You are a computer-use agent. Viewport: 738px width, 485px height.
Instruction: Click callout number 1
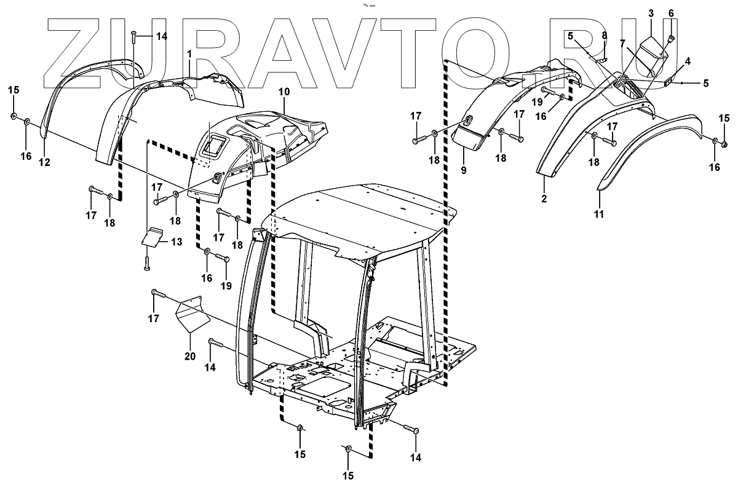point(189,54)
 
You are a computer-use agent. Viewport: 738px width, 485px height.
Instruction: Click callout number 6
point(671,13)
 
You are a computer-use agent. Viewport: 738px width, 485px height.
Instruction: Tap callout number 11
point(599,214)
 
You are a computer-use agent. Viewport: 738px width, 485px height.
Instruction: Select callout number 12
point(44,162)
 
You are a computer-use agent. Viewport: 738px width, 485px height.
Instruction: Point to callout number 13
point(177,242)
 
